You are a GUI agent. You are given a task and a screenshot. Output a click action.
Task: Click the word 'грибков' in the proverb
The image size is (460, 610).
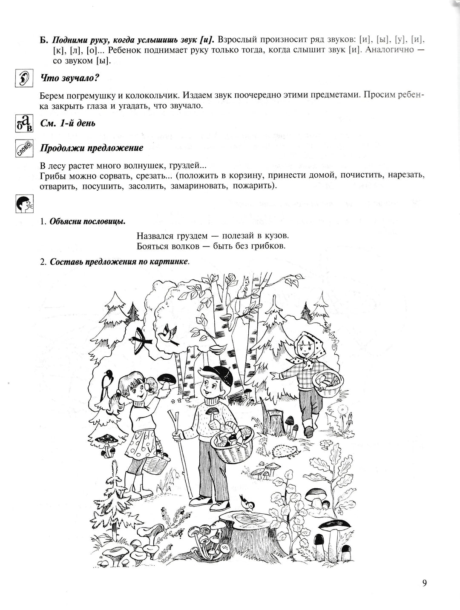[x=269, y=246]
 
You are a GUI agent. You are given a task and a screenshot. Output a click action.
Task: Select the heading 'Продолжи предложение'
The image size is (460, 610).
[x=92, y=149]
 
